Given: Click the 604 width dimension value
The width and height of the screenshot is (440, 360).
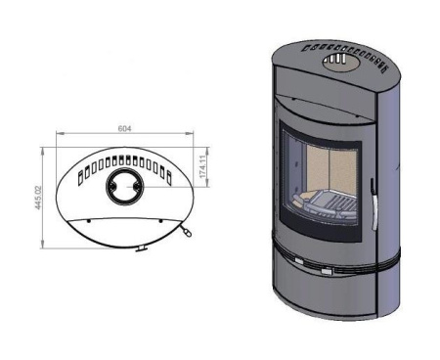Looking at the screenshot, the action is point(124,129).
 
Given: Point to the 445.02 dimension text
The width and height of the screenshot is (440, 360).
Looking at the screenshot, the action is point(38,198).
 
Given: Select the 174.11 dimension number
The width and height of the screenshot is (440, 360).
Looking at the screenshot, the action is point(202,166).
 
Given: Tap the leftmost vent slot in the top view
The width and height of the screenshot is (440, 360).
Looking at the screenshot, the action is point(80,179).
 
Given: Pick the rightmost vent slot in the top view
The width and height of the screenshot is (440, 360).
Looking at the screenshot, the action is point(169,178).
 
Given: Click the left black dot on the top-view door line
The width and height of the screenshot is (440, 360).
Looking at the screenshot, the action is point(88,221).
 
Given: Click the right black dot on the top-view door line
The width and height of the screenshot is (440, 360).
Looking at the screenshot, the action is point(160,221).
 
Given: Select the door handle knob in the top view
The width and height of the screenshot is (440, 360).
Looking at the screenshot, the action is point(187,233).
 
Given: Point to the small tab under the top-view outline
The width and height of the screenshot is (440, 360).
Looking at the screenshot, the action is point(142,248).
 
